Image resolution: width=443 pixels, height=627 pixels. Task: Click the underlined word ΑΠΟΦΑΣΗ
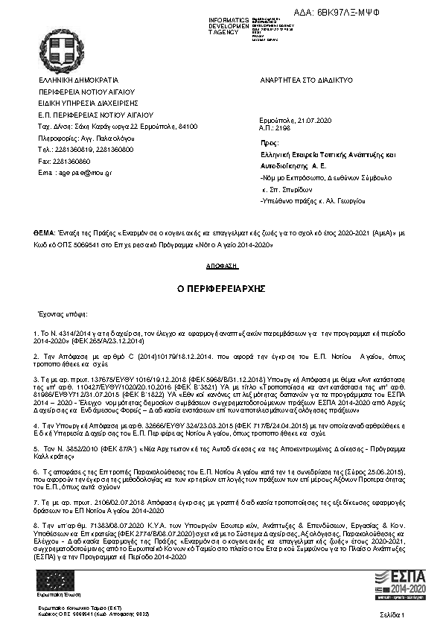(x=221, y=265)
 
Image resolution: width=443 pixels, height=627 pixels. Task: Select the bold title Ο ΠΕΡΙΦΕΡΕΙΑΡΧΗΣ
(x=221, y=287)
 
